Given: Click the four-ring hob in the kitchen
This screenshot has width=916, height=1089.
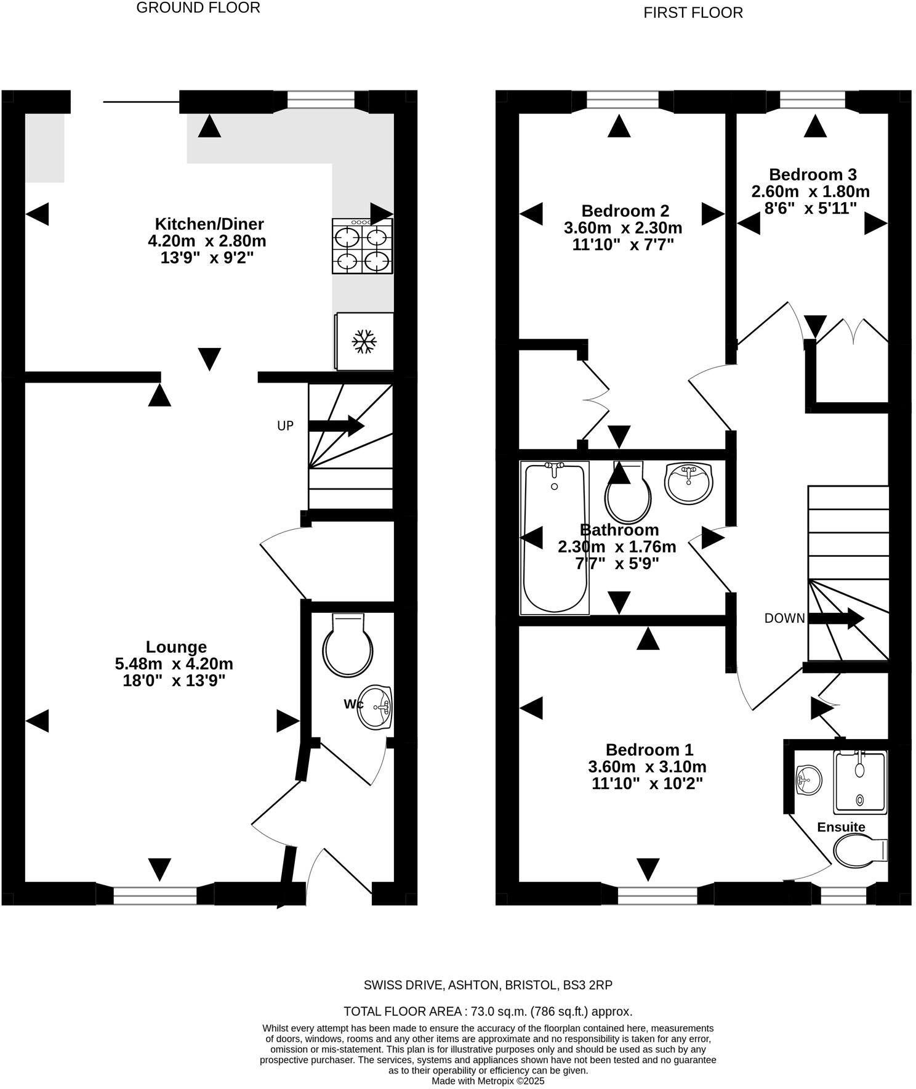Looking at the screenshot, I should [362, 246].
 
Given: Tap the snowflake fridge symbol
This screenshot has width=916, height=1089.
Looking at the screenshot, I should [364, 341].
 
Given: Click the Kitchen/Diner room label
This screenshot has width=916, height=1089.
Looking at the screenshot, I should [209, 224].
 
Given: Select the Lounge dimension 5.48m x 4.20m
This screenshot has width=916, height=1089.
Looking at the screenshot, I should [174, 664].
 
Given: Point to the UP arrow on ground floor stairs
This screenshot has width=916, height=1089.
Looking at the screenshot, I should [335, 425].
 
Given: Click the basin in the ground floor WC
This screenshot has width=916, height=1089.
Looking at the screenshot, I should [376, 707].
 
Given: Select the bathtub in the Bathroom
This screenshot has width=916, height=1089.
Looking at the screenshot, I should [554, 538].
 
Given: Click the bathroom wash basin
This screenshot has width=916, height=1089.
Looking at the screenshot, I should [689, 481].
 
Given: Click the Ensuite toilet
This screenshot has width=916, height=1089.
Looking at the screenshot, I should [859, 851].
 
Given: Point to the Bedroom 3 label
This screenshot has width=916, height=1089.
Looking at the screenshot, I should [812, 174].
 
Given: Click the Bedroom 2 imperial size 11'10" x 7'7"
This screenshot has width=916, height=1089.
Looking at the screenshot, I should [623, 245].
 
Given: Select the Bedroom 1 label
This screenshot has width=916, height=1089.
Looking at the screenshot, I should [649, 750].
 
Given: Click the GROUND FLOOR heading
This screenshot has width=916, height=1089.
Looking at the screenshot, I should [198, 8].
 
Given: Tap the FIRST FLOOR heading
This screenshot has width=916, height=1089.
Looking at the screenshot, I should [693, 13].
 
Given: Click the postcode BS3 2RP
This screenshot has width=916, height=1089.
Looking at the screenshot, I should [587, 985].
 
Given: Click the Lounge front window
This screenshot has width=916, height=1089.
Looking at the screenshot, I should [155, 895].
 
